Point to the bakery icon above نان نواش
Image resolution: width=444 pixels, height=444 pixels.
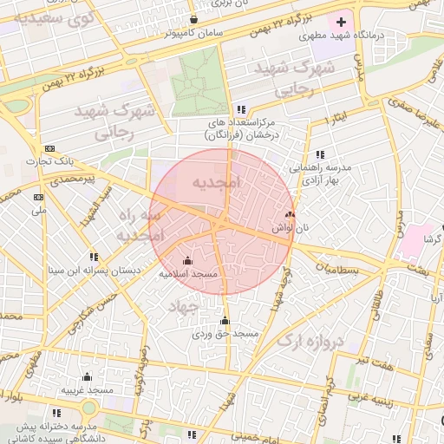click(x=290, y=213)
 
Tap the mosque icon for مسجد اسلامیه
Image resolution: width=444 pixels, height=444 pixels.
click(x=187, y=259)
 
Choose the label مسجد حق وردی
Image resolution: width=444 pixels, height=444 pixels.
click(x=225, y=333)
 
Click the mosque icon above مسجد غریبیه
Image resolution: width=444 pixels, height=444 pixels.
click(x=87, y=376)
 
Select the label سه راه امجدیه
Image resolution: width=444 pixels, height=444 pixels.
click(x=139, y=224)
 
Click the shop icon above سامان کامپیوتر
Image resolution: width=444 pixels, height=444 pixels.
click(x=193, y=19)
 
